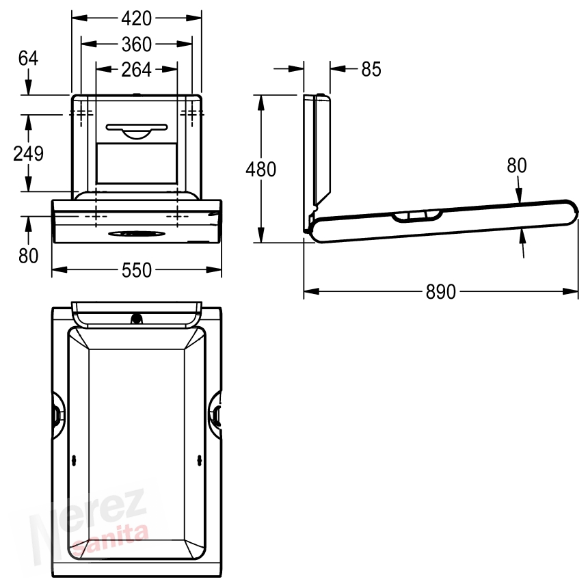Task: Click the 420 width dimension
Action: click(137, 18)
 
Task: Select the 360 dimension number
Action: click(137, 44)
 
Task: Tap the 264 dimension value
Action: click(137, 70)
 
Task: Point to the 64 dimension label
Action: click(28, 59)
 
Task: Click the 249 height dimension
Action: click(28, 154)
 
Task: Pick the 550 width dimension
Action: click(137, 270)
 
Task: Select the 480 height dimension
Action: click(261, 169)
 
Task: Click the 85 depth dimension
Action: click(371, 69)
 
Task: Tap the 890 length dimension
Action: click(440, 292)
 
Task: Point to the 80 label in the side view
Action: click(517, 165)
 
